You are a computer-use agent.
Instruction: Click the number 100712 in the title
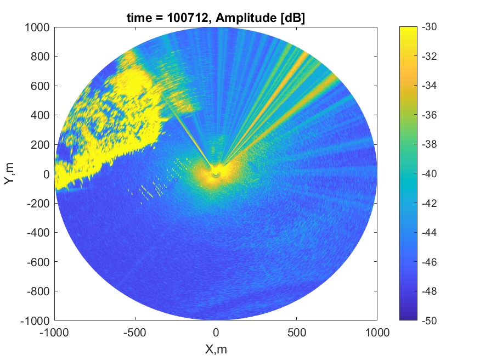(188, 18)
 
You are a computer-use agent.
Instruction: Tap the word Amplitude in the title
(246, 18)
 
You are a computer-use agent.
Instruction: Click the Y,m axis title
(9, 173)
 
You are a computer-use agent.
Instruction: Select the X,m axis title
(216, 349)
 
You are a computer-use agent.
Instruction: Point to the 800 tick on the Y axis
(40, 57)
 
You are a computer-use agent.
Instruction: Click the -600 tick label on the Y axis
(38, 262)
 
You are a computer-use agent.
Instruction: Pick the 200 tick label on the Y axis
(40, 144)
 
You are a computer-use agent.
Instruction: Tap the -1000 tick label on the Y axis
(35, 321)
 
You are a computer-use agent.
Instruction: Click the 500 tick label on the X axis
(297, 333)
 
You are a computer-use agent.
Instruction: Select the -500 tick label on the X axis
(135, 333)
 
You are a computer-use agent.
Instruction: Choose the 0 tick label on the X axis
(216, 333)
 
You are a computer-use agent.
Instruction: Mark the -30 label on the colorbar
(429, 27)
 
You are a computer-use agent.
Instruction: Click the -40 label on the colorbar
(429, 173)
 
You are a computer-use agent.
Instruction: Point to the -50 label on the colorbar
(429, 320)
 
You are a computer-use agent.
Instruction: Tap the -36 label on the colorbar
(429, 115)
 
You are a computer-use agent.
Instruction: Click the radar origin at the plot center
(216, 174)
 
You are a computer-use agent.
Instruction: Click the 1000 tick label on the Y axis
(37, 27)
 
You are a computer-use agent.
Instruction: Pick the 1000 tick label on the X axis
(377, 333)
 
